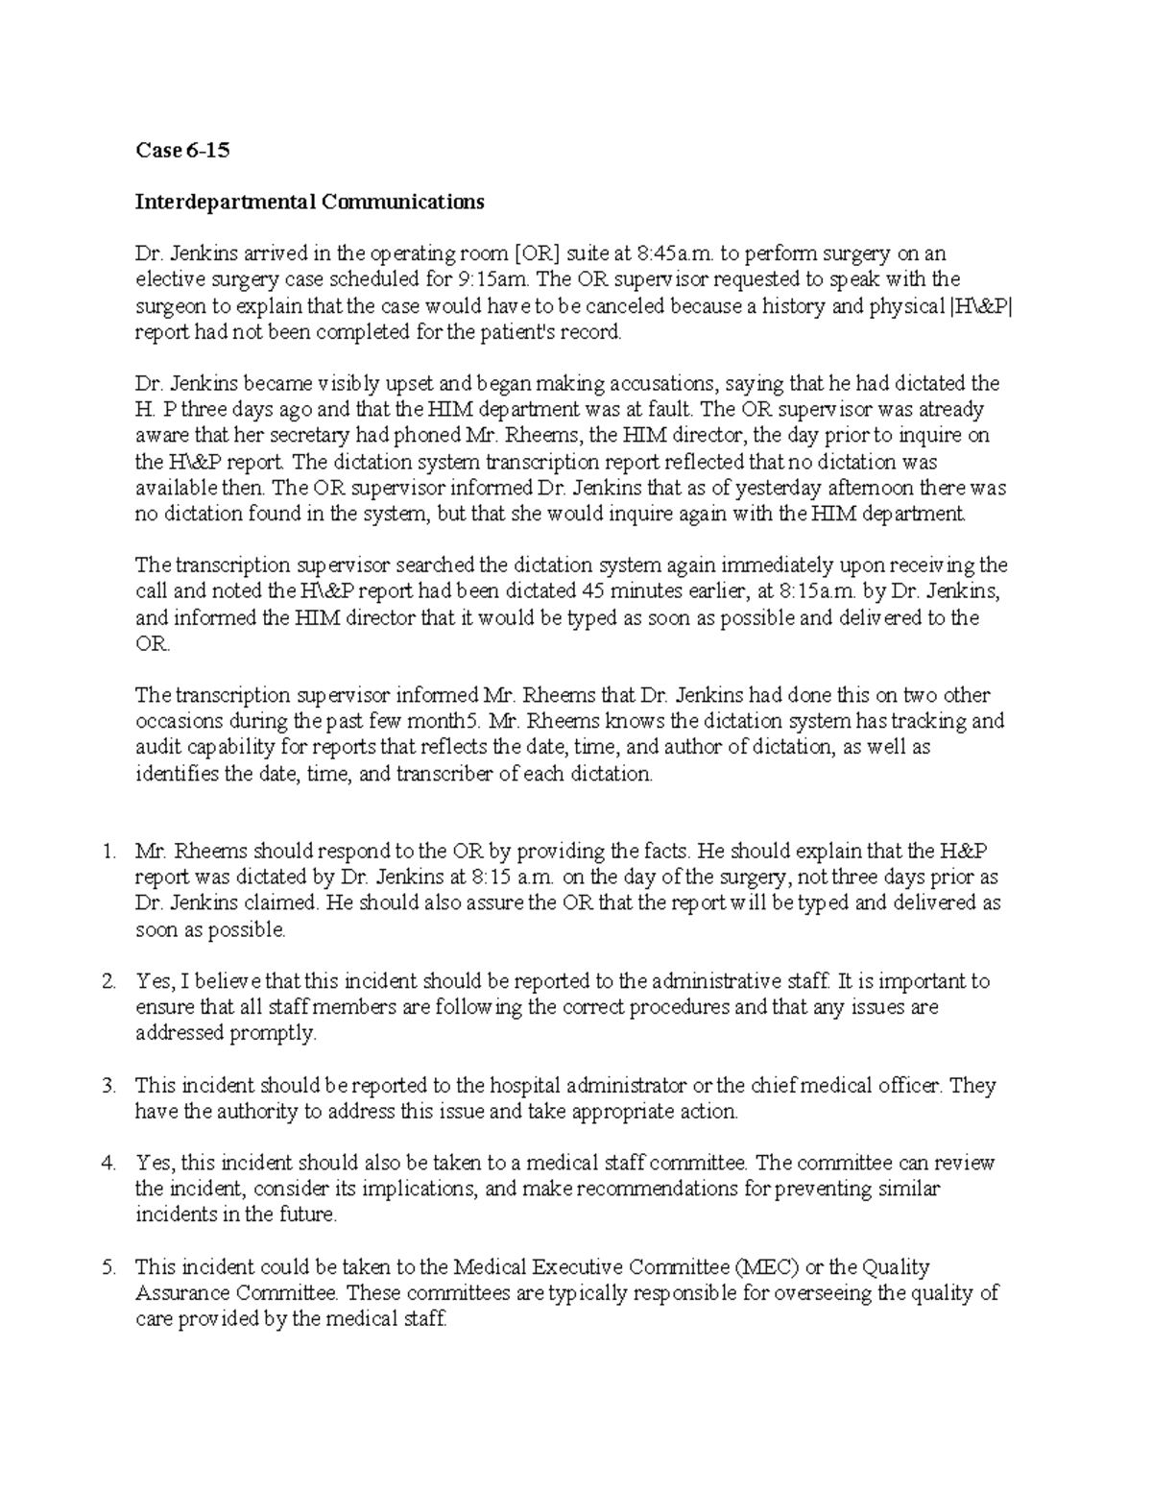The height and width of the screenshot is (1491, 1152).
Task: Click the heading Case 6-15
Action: [182, 151]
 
